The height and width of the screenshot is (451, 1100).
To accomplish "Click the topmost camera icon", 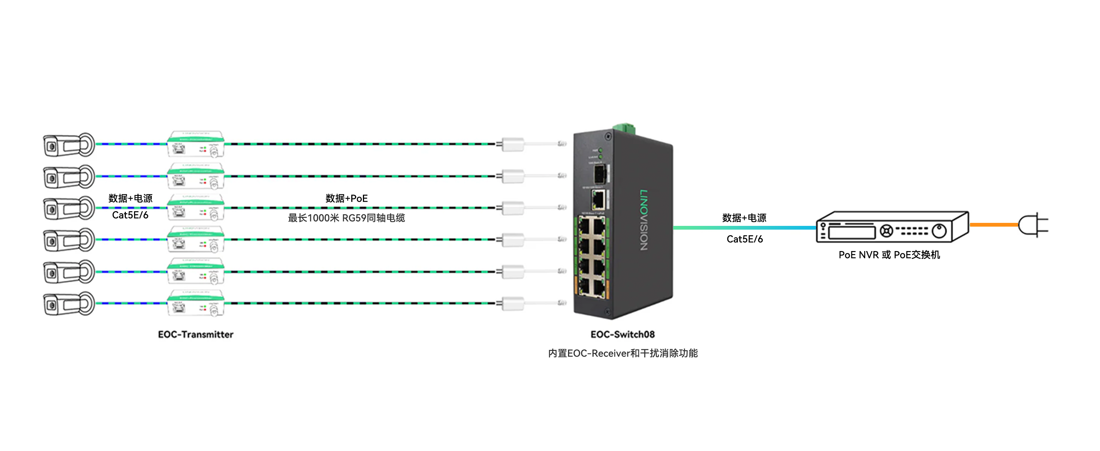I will [68, 145].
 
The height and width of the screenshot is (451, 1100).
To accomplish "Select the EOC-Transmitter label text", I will [196, 334].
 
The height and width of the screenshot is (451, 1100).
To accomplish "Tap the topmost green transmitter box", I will [196, 144].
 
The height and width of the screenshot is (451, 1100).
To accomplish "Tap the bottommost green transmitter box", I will [196, 303].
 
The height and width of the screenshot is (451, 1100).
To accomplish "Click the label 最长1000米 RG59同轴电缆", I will [346, 218].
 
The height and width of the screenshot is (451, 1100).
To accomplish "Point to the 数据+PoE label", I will [346, 198].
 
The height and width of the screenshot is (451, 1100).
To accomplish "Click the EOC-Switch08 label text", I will [622, 334].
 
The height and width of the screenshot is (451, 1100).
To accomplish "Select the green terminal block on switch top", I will [624, 128].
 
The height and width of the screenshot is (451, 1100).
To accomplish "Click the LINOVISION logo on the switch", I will [644, 219].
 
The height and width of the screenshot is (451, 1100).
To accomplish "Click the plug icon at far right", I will [1032, 225].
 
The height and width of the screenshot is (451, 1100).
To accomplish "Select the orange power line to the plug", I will [993, 225].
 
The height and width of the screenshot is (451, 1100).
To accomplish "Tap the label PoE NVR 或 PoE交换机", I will [889, 255].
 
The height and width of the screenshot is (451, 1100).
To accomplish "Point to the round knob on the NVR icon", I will [939, 231].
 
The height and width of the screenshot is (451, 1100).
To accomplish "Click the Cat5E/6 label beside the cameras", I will [130, 215].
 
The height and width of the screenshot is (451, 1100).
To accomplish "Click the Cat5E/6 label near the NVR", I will [744, 239].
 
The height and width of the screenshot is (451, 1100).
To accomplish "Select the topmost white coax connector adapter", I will [512, 144].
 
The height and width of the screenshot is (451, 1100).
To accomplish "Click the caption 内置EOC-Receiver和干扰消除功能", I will [623, 353].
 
